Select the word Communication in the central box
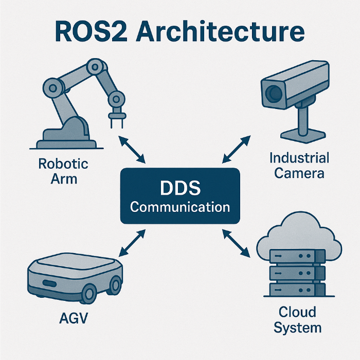coord(180,207)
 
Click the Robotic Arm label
coord(63,171)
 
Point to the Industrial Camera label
coord(299,165)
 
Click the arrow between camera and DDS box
coord(237,149)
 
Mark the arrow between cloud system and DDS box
coord(238,244)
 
